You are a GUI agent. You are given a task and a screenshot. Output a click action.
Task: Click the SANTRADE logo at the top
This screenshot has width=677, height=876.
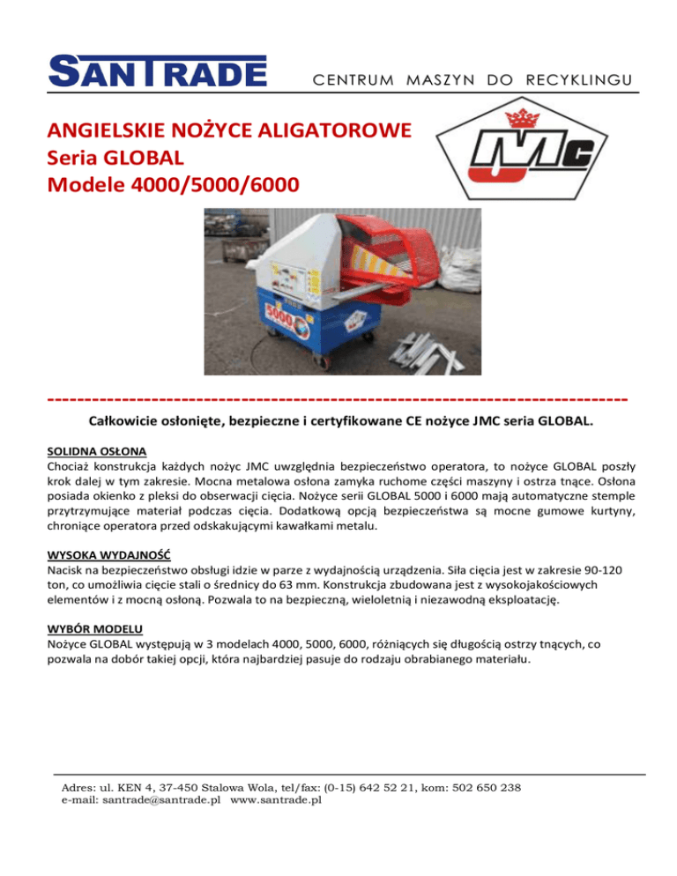click(158, 71)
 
